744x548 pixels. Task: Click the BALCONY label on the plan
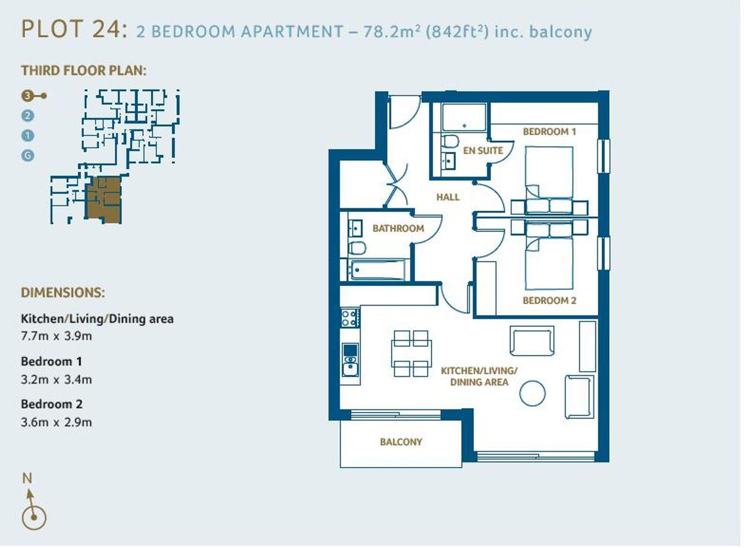401,442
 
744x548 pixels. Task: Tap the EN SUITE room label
482,151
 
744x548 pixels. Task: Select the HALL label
448,197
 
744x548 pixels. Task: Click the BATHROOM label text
398,228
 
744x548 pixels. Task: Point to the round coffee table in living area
532,394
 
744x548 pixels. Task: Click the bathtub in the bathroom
377,270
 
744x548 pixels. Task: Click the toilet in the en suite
450,141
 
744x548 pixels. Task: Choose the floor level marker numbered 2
28,116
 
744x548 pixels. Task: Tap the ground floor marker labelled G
28,156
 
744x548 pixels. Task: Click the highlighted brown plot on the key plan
104,200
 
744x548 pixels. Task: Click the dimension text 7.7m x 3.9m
56,336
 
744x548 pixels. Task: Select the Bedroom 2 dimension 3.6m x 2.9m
56,423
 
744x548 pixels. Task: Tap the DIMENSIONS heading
63,293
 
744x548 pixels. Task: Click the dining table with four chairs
411,354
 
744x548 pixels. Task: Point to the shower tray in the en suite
464,117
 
